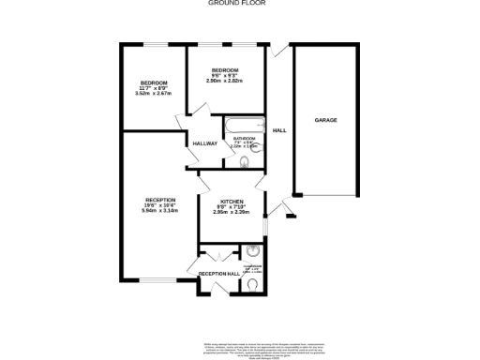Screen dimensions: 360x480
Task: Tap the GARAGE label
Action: click(325, 121)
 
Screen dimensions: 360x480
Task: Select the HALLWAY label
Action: click(204, 143)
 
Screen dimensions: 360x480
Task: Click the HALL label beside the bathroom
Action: click(279, 130)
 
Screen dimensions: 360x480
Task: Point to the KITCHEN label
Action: click(232, 202)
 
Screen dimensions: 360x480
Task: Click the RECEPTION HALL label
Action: click(219, 273)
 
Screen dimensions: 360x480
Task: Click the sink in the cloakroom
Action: click(253, 251)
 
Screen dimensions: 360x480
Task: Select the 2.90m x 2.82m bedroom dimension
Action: click(225, 82)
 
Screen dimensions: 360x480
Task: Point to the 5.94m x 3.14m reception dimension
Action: click(159, 211)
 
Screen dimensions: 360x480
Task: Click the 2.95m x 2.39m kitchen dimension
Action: click(232, 215)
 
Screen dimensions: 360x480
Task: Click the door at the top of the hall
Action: click(277, 53)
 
